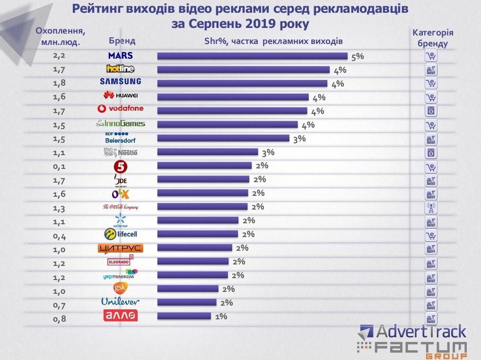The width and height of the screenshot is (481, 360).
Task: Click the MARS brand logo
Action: (120, 55)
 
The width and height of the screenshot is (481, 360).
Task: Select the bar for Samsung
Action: (242, 83)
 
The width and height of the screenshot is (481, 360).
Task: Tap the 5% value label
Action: (358, 56)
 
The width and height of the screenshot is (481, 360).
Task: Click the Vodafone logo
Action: (120, 109)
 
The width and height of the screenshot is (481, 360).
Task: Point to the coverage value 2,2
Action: (60, 55)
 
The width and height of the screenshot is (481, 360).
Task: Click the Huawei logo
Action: (120, 96)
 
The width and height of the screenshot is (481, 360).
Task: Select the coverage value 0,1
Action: (60, 166)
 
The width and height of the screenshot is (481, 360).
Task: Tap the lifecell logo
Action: (120, 234)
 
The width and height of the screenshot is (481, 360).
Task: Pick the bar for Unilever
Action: (186, 303)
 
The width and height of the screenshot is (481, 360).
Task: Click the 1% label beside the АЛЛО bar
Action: (221, 316)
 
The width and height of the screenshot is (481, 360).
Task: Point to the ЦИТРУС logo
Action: (120, 248)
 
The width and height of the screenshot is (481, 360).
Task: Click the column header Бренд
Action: (122, 41)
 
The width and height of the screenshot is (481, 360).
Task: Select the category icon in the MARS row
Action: (430, 56)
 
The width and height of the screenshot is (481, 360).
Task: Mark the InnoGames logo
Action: (120, 124)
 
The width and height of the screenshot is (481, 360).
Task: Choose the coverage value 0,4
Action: (60, 235)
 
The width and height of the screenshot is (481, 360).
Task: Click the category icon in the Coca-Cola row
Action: (430, 207)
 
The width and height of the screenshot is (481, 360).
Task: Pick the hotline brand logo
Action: (120, 69)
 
